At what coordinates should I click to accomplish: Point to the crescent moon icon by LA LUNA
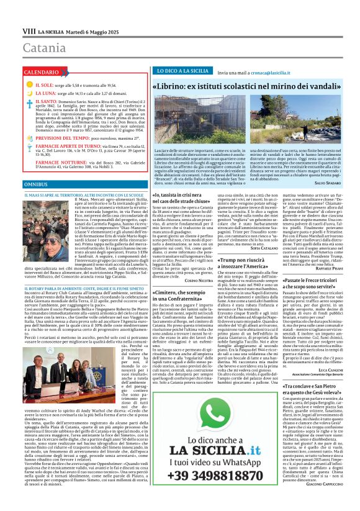point(29,93)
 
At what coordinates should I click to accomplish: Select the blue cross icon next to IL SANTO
point(29,104)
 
